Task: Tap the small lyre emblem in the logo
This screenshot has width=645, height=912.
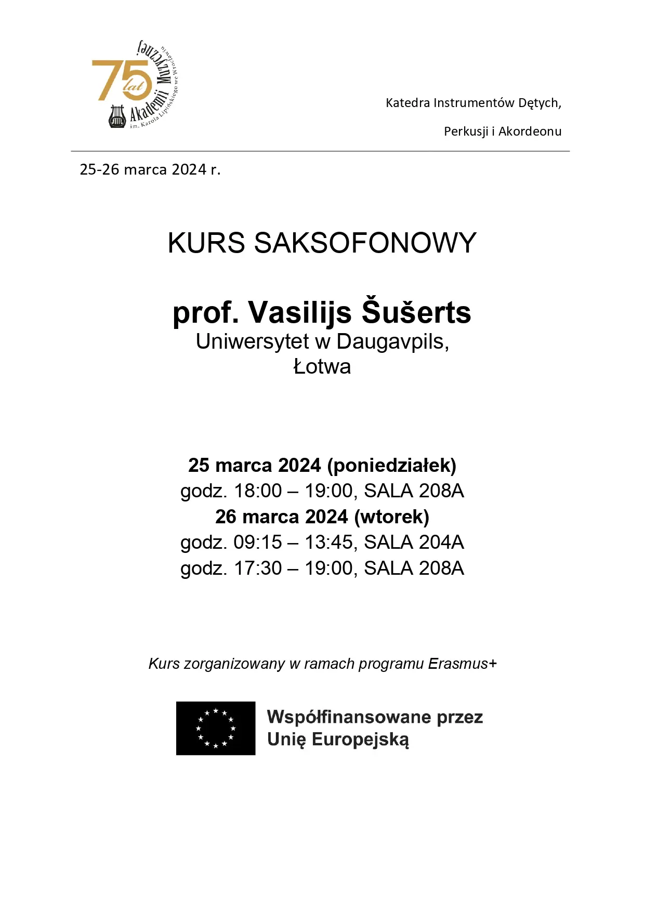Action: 117,116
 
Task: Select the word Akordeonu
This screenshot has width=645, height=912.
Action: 530,131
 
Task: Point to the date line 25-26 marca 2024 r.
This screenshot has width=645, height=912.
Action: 150,169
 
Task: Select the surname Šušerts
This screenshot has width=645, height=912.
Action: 416,312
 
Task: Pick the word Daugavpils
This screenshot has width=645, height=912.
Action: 392,342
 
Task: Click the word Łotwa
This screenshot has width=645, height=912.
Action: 322,367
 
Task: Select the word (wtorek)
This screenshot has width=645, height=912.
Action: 391,517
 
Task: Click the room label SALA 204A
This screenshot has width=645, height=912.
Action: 414,543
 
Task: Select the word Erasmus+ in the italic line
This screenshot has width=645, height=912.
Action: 463,664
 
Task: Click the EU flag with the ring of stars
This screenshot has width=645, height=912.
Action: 216,728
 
